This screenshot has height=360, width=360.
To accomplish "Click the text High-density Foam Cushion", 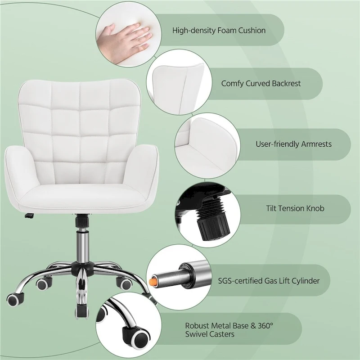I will (x=219, y=31).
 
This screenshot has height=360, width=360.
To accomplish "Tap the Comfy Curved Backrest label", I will (x=261, y=83).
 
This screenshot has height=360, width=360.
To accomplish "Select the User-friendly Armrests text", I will (x=293, y=144).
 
